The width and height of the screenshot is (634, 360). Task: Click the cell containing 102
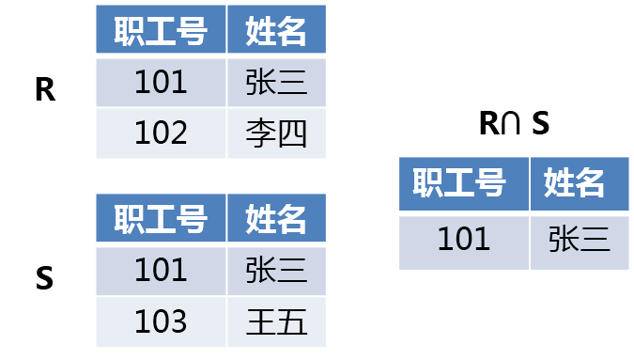pos(161,133)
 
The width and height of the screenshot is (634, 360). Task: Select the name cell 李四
pos(276,133)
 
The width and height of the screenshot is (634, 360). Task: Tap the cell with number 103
pos(161,322)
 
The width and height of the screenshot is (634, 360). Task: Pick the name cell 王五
pos(276,322)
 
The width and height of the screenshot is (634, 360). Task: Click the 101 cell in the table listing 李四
pos(161,82)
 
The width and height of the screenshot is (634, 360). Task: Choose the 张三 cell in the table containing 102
pos(276,82)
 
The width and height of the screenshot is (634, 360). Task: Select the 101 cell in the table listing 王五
pos(161,271)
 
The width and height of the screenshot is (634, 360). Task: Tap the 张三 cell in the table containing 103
pos(276,271)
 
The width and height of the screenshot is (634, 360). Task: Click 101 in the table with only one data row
pos(464,240)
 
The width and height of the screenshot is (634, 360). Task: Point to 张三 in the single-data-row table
pos(580,240)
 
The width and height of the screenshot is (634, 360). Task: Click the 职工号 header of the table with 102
pos(161,31)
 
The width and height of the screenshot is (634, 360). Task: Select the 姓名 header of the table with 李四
pos(276,31)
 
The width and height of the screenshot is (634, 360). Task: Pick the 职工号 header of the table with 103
pos(161,219)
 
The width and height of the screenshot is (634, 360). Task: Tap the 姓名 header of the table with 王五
pos(276,219)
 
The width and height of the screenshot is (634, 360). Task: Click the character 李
pos(261,133)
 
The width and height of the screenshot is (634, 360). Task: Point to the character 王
pos(261,322)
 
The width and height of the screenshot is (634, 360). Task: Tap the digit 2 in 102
pos(178,133)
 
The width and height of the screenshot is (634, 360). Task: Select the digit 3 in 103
pos(178,322)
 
